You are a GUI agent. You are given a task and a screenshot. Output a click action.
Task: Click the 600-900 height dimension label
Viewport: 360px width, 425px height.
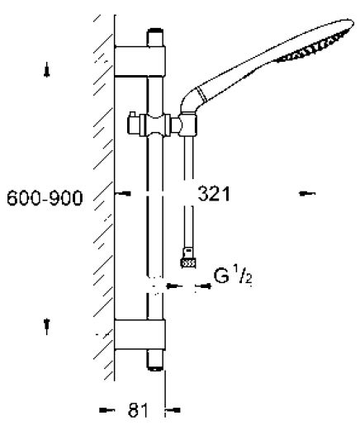coord(45,197)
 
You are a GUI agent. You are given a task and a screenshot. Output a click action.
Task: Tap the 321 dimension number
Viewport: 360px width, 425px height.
coord(214,194)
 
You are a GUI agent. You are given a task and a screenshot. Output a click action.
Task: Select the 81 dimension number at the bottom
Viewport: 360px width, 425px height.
coord(138,410)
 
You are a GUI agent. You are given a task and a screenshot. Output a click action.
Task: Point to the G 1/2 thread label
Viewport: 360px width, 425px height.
coord(233,276)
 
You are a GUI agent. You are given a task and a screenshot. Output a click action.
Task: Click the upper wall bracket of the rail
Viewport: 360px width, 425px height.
coord(140,61)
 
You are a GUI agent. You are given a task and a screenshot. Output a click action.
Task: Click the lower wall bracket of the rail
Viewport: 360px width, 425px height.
coord(140,334)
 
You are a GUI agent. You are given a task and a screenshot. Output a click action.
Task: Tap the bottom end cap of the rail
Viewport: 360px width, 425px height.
coord(155,360)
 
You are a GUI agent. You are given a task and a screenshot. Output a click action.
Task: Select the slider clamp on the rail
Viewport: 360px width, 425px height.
coord(154,125)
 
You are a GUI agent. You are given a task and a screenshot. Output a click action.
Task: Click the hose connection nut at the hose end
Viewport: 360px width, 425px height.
coord(188,263)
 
